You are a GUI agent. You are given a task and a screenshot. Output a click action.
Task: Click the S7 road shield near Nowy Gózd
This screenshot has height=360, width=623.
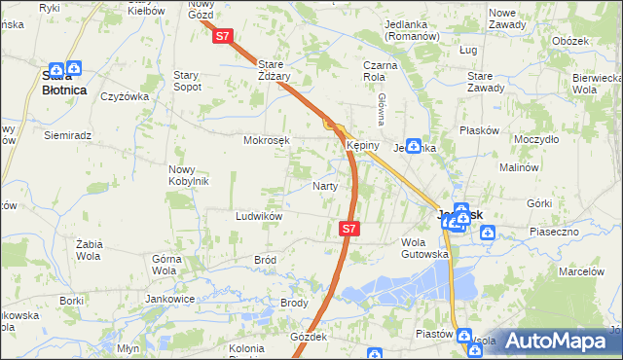point(223,36)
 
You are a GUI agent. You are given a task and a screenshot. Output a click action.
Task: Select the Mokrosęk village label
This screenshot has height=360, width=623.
point(267,140)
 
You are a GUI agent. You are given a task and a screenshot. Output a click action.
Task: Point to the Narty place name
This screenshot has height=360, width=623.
point(324,186)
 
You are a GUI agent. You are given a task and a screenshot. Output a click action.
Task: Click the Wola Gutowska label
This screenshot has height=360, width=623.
point(424,248)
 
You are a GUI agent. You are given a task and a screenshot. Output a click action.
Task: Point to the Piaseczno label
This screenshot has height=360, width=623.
point(555,232)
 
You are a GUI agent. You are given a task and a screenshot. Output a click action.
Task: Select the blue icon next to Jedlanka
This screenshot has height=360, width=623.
point(414,147)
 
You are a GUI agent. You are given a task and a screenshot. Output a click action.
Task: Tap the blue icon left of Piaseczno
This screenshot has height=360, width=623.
point(488,232)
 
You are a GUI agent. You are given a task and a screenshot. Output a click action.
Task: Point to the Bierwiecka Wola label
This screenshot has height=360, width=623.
point(597,84)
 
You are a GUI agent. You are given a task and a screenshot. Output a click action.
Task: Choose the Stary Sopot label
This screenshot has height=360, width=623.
point(187,80)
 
